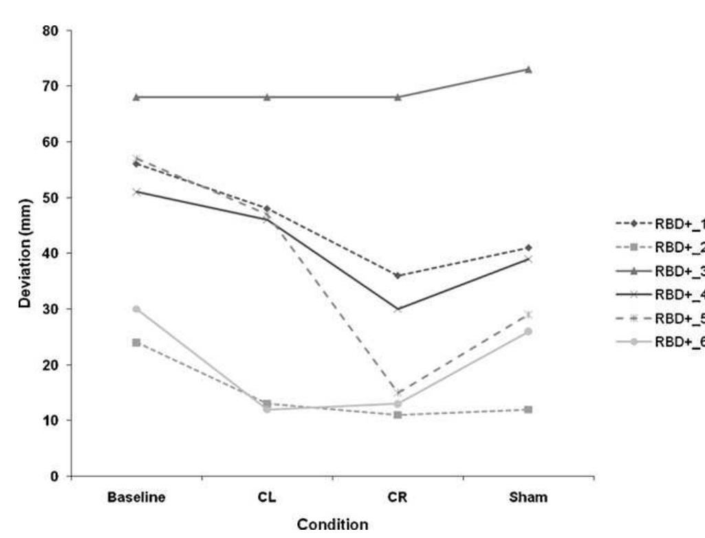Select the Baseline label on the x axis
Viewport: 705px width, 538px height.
(136, 499)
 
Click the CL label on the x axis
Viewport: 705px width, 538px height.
(267, 499)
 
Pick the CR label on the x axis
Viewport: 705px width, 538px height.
(398, 499)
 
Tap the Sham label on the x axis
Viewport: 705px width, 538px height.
(528, 499)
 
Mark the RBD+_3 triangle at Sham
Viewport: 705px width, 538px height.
(528, 69)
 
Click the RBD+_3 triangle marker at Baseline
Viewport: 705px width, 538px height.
(136, 97)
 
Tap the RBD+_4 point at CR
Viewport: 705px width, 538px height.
(398, 309)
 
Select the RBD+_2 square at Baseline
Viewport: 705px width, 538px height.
(136, 342)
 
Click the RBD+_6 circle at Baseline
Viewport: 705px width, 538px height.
(136, 309)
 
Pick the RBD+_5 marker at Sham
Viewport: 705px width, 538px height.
(528, 315)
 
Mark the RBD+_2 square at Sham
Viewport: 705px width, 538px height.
(528, 410)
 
